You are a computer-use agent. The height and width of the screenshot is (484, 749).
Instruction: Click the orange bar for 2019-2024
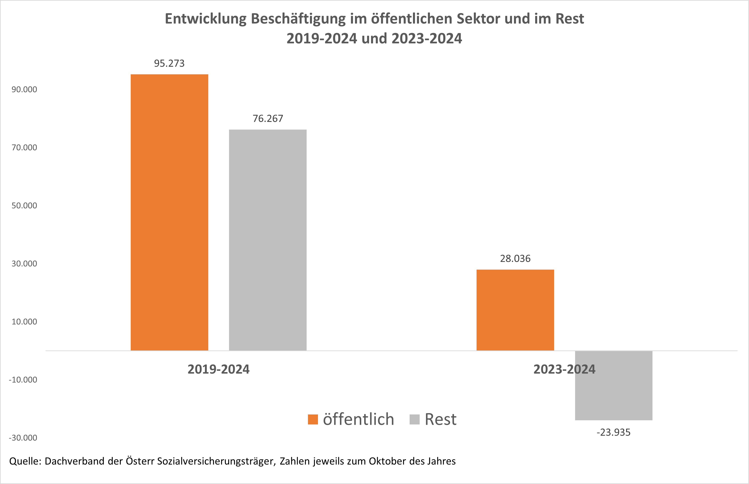[x=169, y=212]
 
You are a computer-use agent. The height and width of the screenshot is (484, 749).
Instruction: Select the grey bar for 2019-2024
[x=268, y=240]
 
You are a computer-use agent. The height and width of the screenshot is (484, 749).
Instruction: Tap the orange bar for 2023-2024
[x=515, y=310]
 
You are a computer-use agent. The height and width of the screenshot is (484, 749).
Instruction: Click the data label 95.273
[x=169, y=64]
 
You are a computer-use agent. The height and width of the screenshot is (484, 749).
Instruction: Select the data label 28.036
[x=515, y=259]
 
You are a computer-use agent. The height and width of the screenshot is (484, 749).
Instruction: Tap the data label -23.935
[x=613, y=433]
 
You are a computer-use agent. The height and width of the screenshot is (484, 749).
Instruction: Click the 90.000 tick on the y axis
[x=24, y=90]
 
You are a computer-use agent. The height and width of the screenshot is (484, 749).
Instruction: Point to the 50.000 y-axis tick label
[x=24, y=206]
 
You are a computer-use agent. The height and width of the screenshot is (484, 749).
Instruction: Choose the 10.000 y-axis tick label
[x=24, y=321]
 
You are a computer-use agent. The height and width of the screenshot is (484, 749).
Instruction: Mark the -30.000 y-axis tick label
[x=23, y=438]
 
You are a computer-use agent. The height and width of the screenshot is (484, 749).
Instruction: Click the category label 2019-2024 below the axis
[x=219, y=369]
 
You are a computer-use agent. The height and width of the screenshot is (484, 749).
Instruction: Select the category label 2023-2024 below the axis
[x=564, y=369]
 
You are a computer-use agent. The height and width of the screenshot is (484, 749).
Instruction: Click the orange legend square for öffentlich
[x=313, y=420]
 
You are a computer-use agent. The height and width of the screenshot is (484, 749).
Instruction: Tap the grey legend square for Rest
[x=415, y=420]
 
